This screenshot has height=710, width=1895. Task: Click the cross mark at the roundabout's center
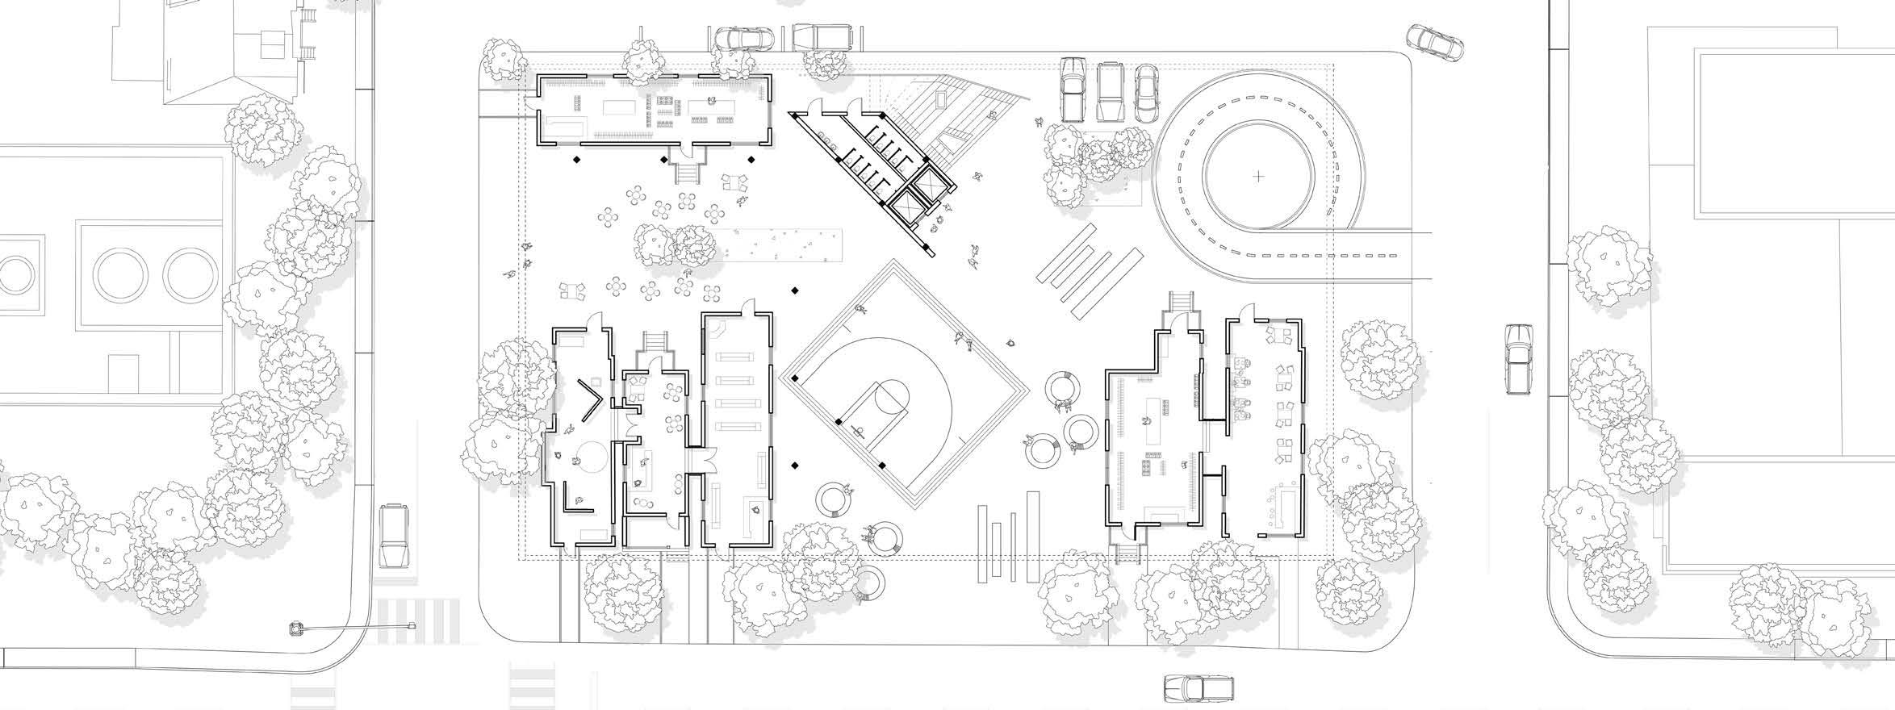point(1258,176)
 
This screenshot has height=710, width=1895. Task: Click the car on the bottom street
point(1198,687)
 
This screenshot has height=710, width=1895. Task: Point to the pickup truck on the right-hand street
point(1518,358)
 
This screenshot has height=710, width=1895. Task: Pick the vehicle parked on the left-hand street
point(395,536)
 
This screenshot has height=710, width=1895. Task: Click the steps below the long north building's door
point(688,173)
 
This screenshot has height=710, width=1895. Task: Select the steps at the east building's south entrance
point(1128,553)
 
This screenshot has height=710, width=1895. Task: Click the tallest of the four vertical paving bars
point(1031,537)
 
